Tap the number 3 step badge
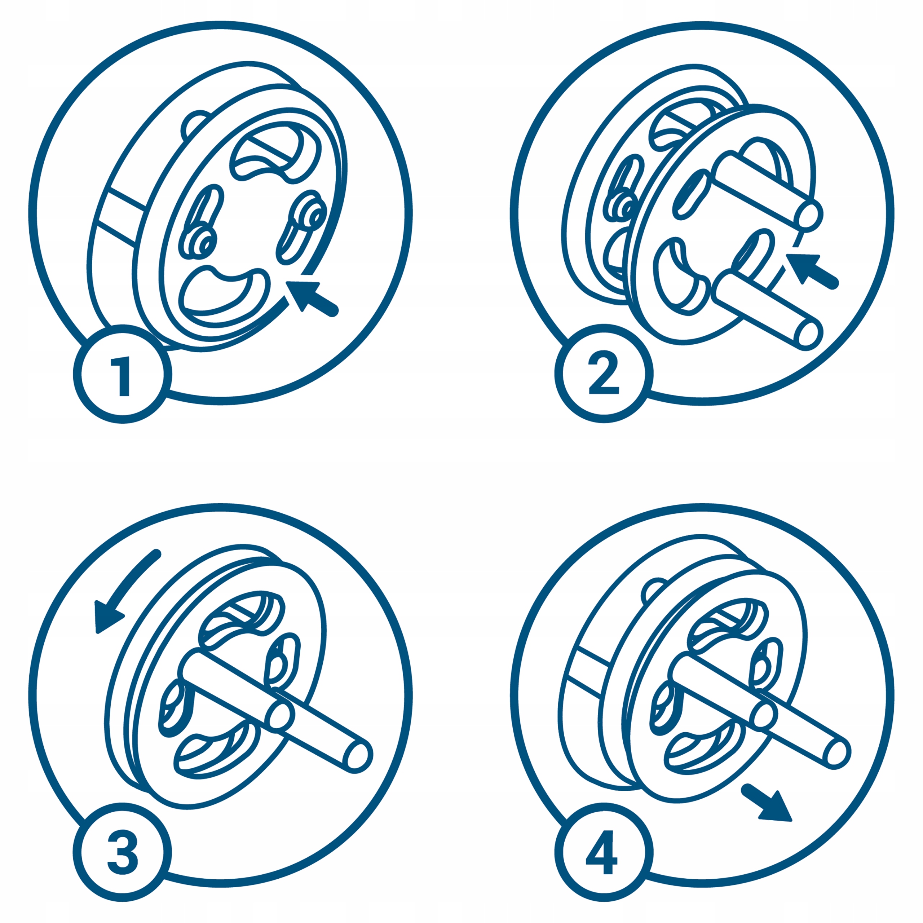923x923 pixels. pos(122,853)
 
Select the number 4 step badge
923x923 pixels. pos(604,853)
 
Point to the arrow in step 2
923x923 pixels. pos(812,271)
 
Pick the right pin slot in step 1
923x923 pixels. pos(302,227)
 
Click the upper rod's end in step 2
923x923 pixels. pos(811,213)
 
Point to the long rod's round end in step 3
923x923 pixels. pos(357,755)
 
